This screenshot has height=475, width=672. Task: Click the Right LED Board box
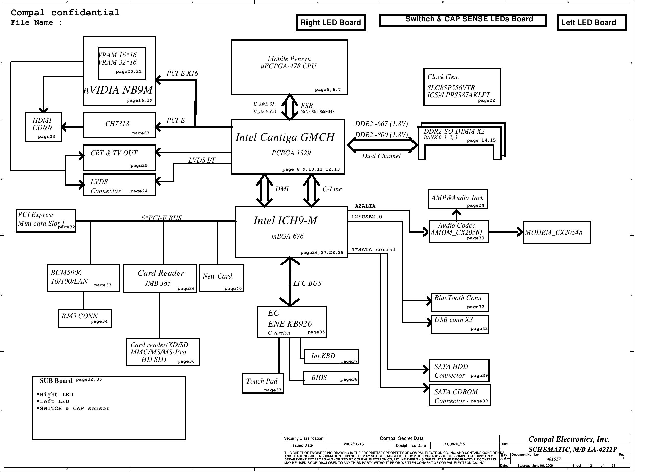click(x=331, y=22)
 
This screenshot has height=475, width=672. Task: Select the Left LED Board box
click(x=591, y=22)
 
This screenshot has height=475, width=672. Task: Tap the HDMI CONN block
click(x=44, y=127)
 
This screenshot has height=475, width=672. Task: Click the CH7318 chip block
click(x=120, y=125)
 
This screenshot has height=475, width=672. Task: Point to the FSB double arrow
click(x=289, y=107)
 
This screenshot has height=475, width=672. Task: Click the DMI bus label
click(x=282, y=189)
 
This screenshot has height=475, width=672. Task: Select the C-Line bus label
click(x=332, y=189)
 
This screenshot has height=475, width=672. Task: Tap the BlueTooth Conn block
click(x=459, y=303)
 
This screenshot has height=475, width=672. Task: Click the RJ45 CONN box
click(x=85, y=318)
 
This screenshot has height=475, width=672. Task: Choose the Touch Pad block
click(x=263, y=383)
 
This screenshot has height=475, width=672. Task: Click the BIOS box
click(x=331, y=378)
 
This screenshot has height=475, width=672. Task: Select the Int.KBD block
click(x=331, y=356)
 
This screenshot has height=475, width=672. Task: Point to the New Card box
click(x=221, y=278)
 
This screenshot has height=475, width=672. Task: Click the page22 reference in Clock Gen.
click(x=486, y=100)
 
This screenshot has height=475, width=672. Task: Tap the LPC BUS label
click(x=307, y=283)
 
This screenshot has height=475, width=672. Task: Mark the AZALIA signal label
click(x=365, y=206)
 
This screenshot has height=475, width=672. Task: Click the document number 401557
click(x=553, y=459)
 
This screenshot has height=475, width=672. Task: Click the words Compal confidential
click(x=65, y=13)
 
